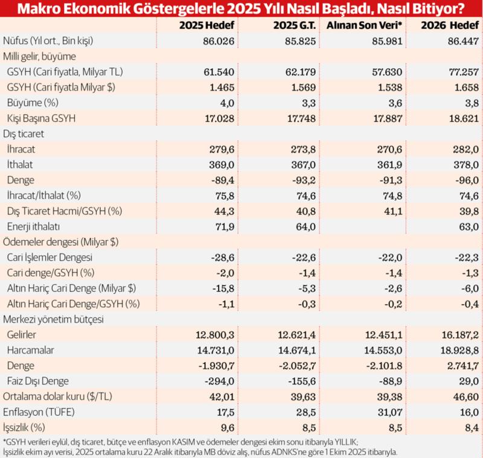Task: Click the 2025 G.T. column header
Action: coord(290,25)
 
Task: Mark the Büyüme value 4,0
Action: coord(228,103)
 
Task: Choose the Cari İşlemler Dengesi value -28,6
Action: coord(222,257)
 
